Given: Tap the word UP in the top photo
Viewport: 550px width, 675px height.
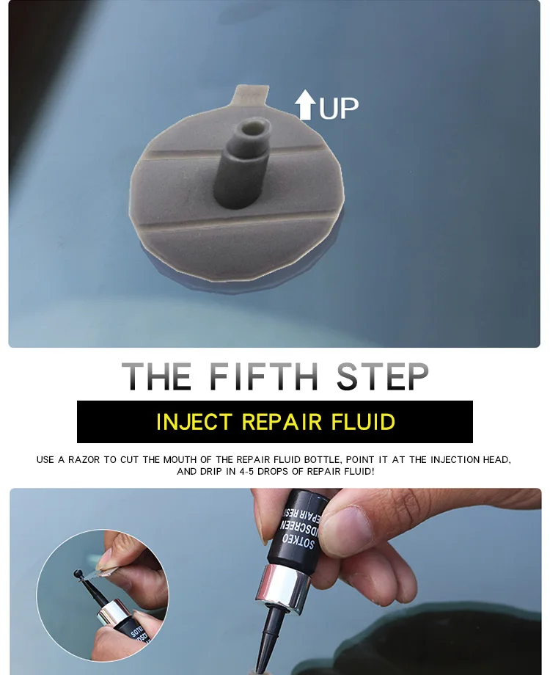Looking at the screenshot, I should point(339,108).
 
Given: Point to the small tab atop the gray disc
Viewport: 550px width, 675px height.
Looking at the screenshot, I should point(248,95).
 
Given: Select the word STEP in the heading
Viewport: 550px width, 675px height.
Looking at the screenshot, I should point(383,376).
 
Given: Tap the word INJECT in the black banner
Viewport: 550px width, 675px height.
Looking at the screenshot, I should point(194,422).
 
